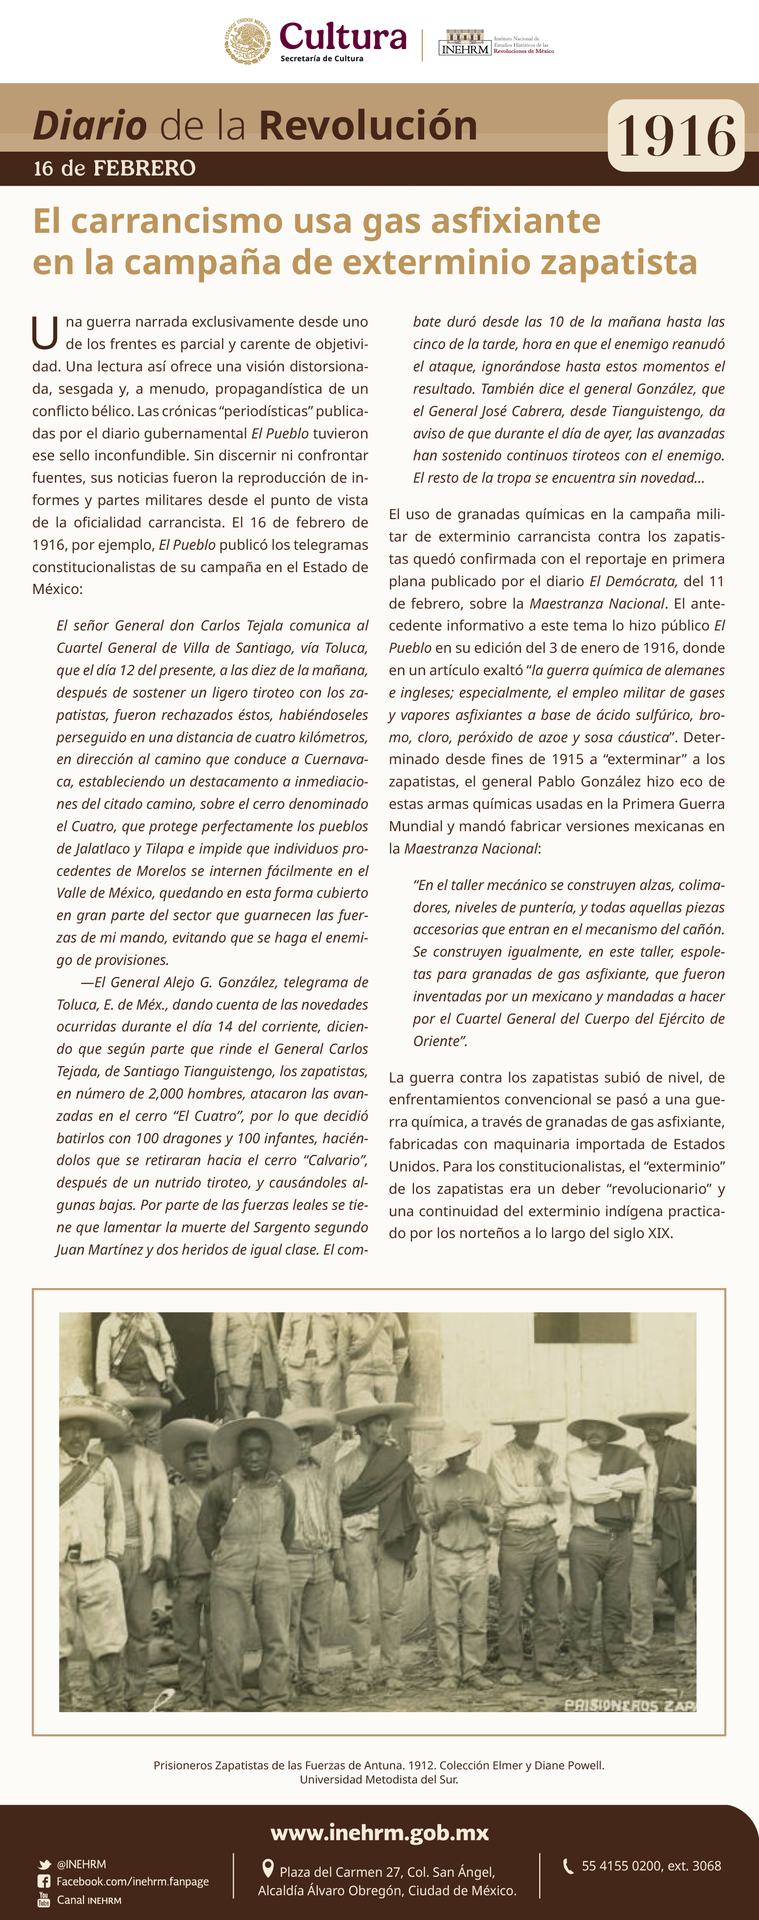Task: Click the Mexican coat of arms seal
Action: [x=247, y=42]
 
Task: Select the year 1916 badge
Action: [x=675, y=136]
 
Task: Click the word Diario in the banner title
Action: [x=89, y=125]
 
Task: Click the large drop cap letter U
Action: [x=45, y=332]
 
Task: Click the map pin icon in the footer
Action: [x=268, y=1868]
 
